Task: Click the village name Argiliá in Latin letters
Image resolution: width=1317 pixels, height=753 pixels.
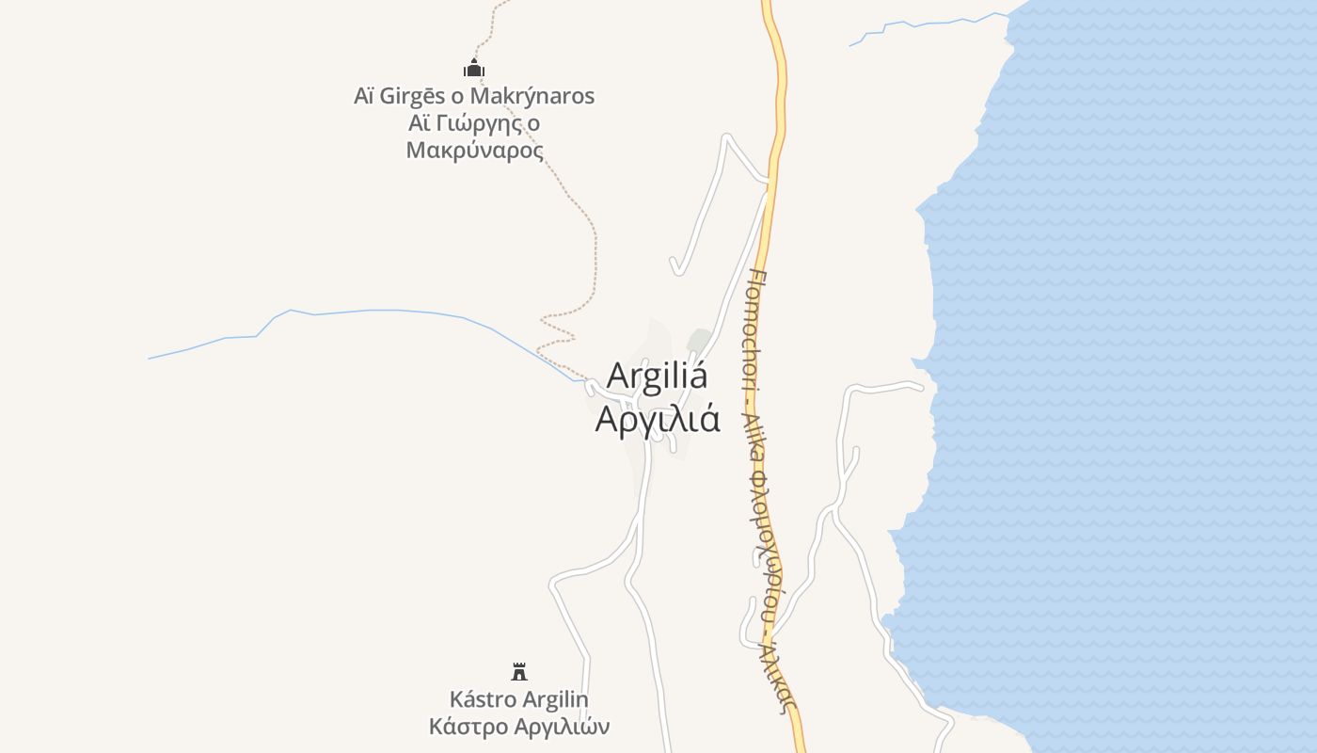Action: click(x=657, y=376)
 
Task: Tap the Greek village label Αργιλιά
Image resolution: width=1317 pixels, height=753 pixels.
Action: click(x=658, y=419)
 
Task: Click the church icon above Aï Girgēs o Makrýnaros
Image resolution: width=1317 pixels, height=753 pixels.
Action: click(x=474, y=68)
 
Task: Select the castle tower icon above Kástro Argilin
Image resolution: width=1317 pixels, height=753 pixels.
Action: click(x=519, y=671)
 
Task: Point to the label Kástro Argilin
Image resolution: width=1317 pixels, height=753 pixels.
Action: click(x=518, y=699)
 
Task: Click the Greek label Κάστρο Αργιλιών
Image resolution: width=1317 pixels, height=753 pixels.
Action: click(x=519, y=727)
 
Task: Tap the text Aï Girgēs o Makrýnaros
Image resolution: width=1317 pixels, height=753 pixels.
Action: click(x=474, y=96)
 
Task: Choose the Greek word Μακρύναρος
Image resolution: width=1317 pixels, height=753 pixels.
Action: click(x=475, y=151)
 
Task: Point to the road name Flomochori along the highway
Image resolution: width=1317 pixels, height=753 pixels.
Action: click(x=757, y=329)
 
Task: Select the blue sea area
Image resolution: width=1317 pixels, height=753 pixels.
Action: click(x=1129, y=376)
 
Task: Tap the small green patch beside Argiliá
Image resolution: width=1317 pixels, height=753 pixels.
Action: click(x=698, y=340)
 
